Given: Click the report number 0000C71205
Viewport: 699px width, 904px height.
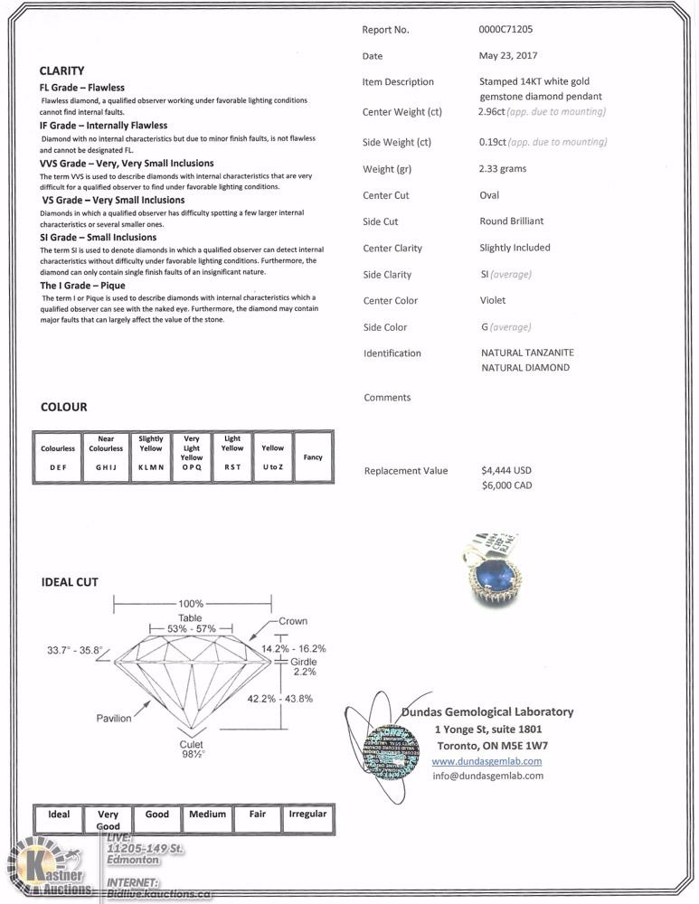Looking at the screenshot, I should (512, 29).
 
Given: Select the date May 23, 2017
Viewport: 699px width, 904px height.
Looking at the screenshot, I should (507, 56).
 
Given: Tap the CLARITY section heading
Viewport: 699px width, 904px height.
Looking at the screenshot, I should (62, 71).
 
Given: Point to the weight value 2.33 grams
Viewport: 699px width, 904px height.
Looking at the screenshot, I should (503, 168).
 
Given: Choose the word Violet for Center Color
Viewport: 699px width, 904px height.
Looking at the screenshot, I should (493, 300).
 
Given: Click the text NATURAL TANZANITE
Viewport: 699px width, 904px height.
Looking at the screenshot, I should (527, 353).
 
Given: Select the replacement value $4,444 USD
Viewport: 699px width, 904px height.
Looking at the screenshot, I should (506, 470).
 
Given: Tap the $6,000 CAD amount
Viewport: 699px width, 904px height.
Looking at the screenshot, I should (506, 485).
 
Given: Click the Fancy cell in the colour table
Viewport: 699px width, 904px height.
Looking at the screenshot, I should (313, 457).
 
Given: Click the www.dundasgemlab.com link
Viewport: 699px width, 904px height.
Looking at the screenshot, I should (487, 761).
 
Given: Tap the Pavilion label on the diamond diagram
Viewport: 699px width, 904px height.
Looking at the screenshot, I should (114, 718).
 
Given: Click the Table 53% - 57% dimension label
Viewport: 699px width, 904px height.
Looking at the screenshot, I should (191, 623).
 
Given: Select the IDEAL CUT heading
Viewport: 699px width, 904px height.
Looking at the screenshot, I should (70, 582).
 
